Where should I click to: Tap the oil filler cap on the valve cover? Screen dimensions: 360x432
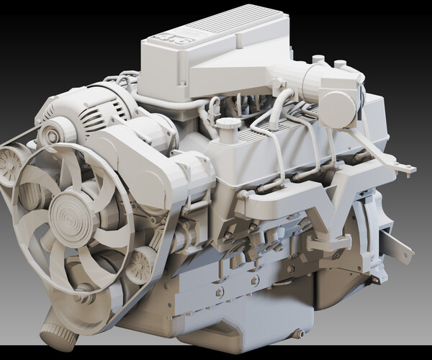[229, 125]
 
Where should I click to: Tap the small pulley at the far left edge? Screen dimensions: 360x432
[11, 164]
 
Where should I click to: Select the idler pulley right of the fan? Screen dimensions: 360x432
[140, 263]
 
